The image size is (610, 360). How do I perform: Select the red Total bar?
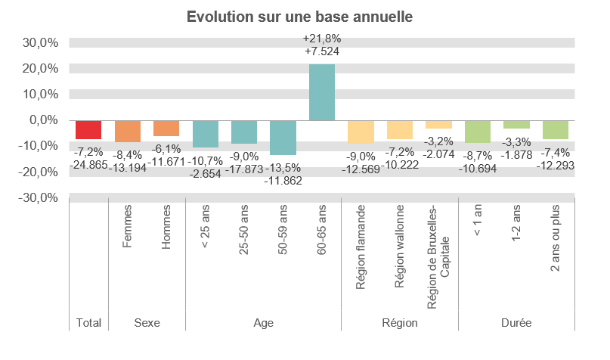(88, 129)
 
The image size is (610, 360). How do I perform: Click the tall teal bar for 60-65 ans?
(322, 92)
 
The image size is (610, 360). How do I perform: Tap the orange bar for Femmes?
(127, 131)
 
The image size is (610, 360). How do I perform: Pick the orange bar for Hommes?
(166, 128)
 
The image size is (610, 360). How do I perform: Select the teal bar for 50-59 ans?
(283, 138)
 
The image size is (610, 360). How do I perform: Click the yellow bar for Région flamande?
(361, 132)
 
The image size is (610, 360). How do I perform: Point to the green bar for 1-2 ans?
(516, 124)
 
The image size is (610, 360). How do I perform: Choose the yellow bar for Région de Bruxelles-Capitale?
(438, 124)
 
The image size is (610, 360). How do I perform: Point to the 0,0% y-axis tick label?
(43, 120)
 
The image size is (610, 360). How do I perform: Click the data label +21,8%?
(322, 38)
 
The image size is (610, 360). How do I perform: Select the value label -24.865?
(88, 163)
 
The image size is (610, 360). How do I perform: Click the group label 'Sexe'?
(147, 323)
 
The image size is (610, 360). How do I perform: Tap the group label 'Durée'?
(516, 323)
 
